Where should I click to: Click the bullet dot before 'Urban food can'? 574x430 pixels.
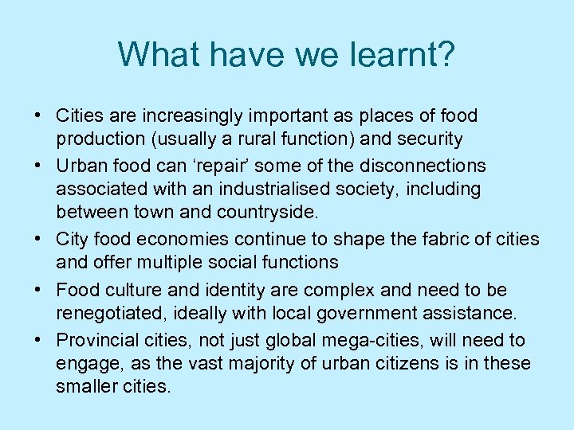pyautogui.click(x=39, y=165)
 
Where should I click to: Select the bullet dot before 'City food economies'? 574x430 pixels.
pyautogui.click(x=39, y=238)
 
